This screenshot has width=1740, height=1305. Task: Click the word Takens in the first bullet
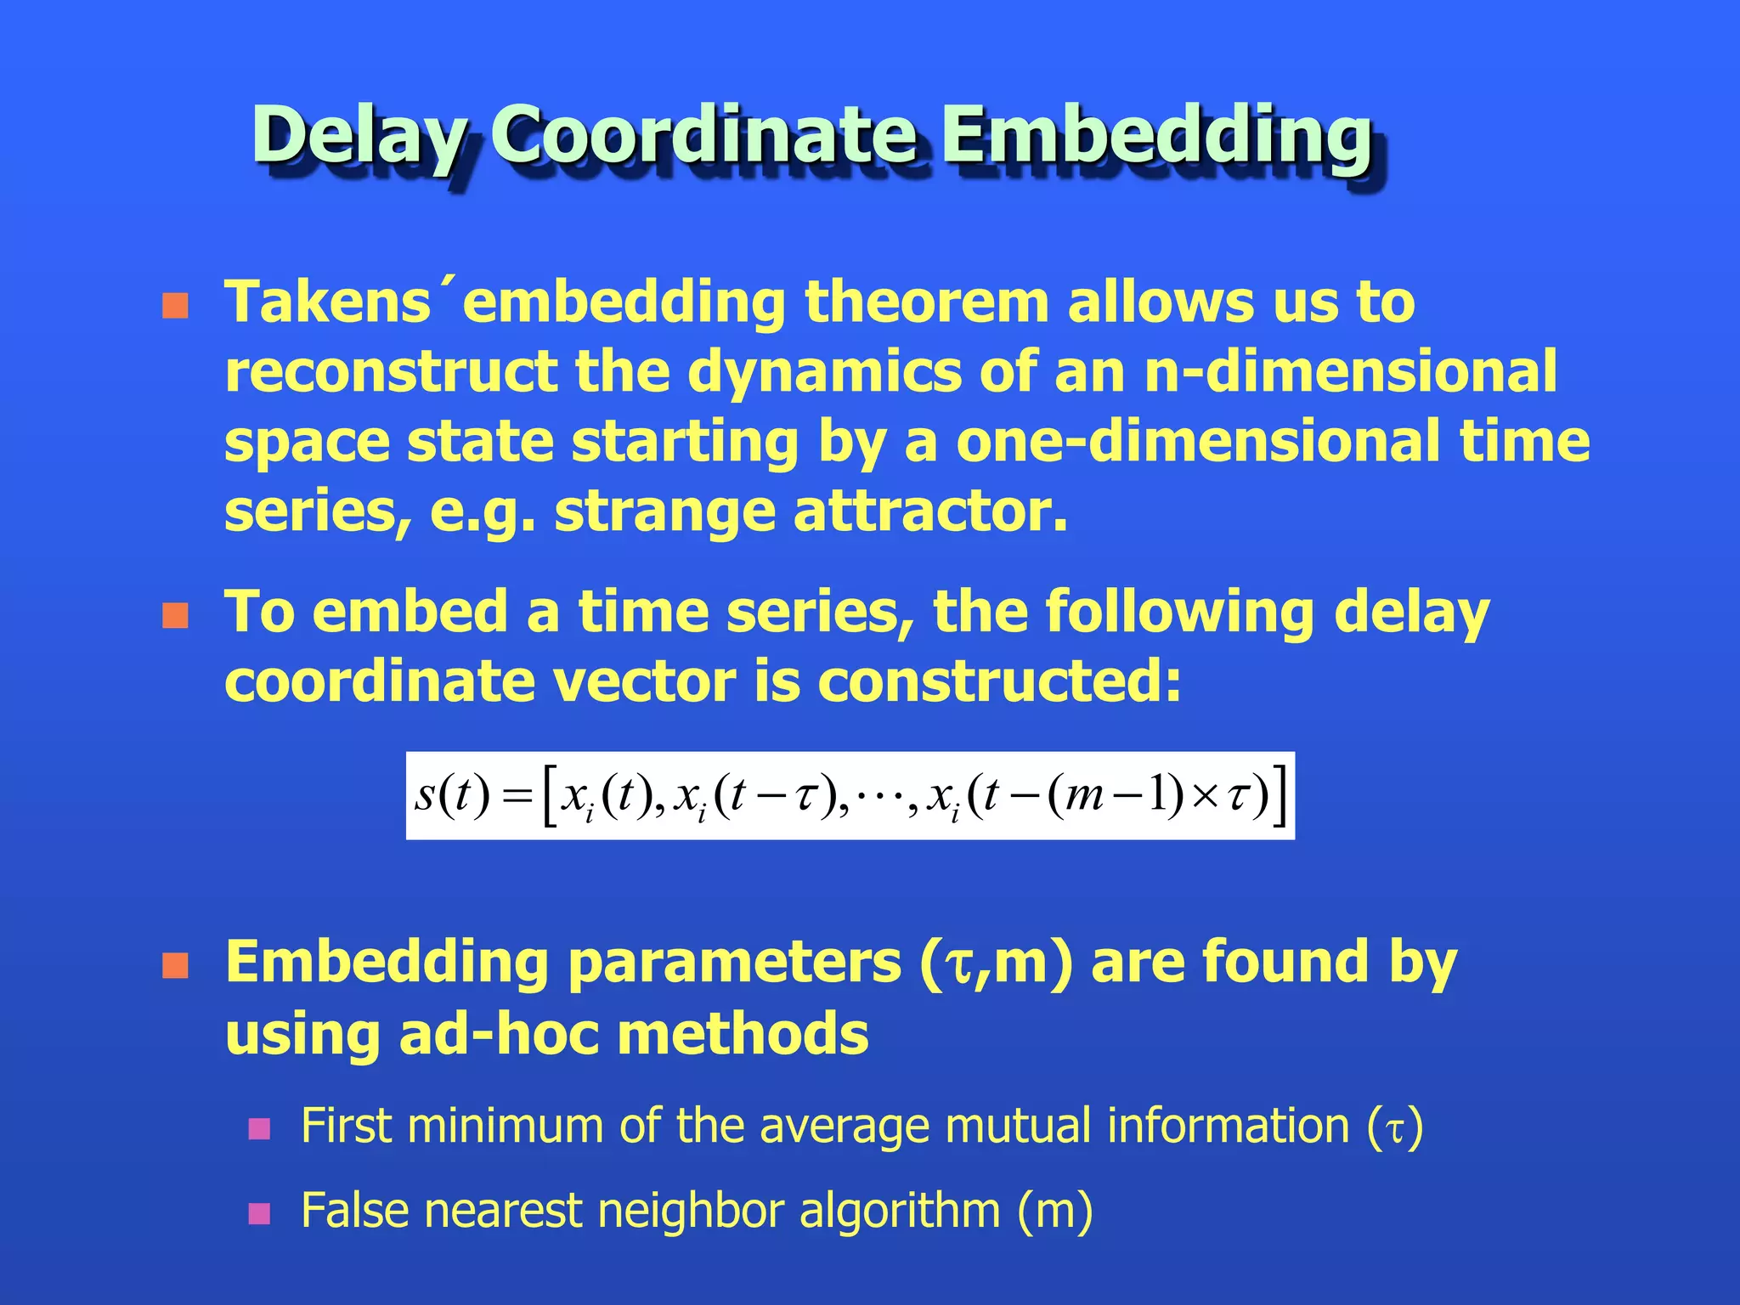click(x=327, y=302)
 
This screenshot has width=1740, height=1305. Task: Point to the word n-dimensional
click(x=1351, y=372)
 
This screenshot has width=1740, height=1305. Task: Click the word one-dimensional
click(x=1198, y=442)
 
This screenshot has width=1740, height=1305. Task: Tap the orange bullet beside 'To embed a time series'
click(x=175, y=616)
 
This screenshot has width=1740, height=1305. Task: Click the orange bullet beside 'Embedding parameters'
click(x=175, y=966)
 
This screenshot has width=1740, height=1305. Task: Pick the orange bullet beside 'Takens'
click(x=175, y=306)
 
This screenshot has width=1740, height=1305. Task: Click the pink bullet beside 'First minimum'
click(x=259, y=1129)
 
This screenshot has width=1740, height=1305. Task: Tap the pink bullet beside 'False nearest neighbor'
click(x=259, y=1213)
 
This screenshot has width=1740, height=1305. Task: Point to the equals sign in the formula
click(x=517, y=797)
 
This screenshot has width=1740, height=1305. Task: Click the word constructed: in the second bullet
click(x=999, y=681)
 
